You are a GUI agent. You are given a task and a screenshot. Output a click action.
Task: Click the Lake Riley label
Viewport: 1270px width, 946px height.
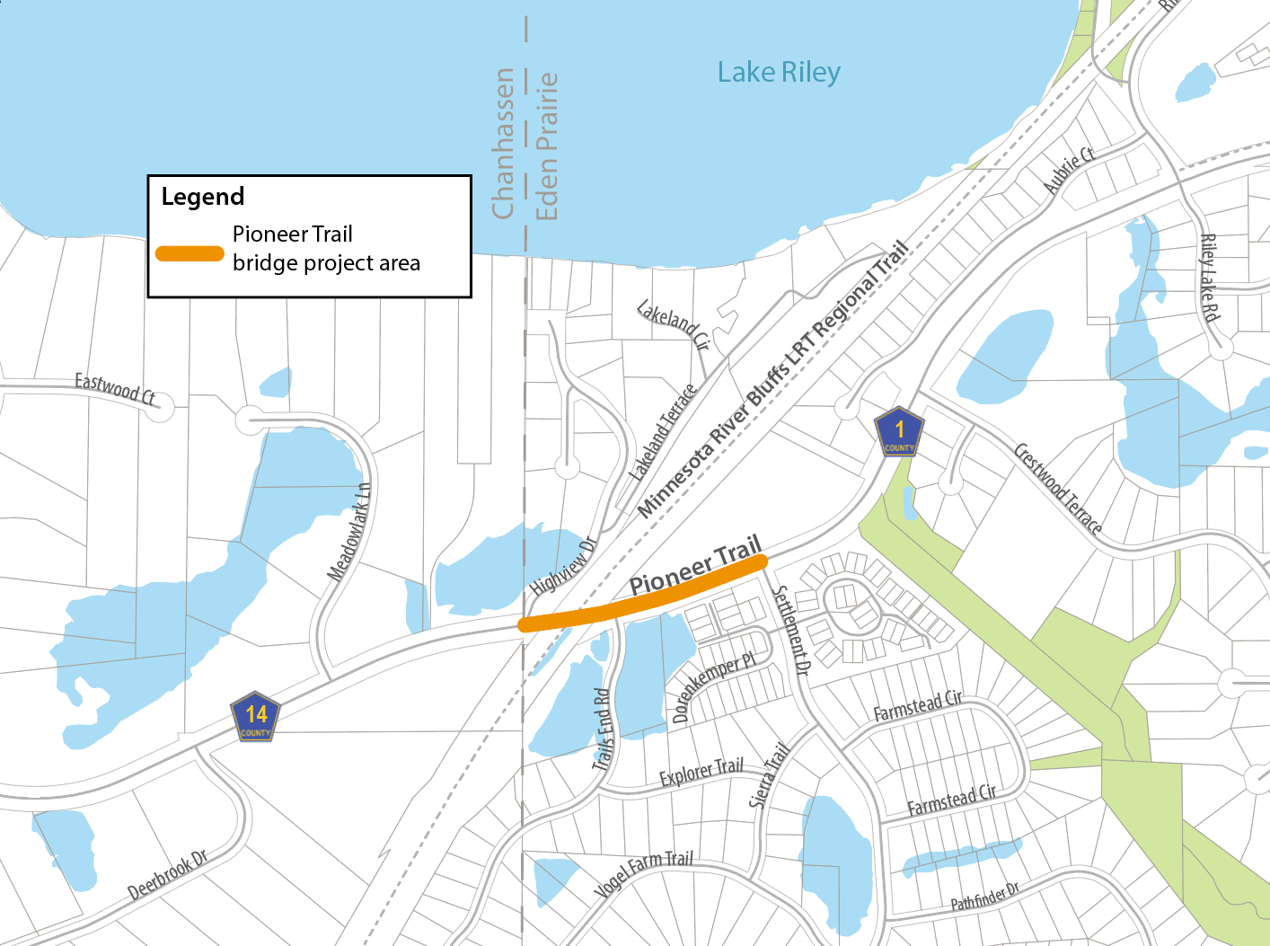click(x=779, y=73)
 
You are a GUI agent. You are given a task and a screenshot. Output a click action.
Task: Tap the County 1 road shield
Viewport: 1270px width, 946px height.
click(x=899, y=432)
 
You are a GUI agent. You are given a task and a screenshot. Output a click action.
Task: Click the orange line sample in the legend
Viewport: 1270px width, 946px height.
click(x=190, y=253)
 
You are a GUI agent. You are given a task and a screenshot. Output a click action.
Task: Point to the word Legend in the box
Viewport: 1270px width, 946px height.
click(x=203, y=197)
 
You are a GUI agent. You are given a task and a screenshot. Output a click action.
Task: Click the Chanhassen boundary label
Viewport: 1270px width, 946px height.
click(x=503, y=144)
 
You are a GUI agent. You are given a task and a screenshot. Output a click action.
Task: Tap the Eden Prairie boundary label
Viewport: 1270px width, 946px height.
click(x=546, y=146)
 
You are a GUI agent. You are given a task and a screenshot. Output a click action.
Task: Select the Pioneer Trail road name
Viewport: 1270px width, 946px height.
click(x=695, y=566)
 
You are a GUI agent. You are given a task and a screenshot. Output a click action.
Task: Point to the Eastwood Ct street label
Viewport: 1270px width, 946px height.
click(x=115, y=388)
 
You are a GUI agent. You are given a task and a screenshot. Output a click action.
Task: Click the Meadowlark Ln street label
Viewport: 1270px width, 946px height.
click(x=349, y=532)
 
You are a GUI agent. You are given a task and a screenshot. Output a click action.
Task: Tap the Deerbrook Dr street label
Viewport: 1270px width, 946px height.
click(x=168, y=874)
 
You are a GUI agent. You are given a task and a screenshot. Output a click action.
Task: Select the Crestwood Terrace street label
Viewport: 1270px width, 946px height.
click(x=1058, y=488)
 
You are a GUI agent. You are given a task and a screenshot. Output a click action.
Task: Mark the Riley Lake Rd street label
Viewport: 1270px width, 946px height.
click(x=1210, y=278)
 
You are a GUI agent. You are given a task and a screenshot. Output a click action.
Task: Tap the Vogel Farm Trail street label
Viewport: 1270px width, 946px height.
click(x=644, y=872)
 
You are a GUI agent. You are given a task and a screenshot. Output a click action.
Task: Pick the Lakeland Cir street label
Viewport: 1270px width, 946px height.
click(x=674, y=325)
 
